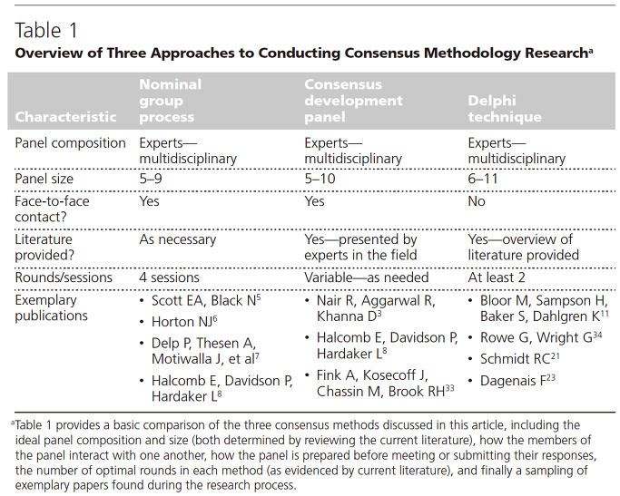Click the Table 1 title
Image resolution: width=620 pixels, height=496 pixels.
pos(46,31)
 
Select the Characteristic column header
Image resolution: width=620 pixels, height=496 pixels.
pos(65,117)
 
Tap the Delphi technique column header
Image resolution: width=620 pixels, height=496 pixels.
pos(505,109)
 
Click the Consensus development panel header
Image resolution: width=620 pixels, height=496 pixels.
pos(353,101)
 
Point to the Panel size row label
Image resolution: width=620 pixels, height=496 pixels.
pos(44,179)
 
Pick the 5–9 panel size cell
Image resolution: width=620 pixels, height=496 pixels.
pos(151,179)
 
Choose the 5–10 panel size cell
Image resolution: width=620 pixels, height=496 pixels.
pos(320,179)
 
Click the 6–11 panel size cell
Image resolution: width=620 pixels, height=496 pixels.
pos(483,179)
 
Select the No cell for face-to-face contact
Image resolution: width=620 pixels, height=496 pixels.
pos(477,201)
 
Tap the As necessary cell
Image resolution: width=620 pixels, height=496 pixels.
pos(178,239)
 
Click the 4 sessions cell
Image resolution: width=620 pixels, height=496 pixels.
pos(169,277)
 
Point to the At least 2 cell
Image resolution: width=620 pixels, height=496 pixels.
pos(497,277)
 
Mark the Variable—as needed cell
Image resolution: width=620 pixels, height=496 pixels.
pos(366,277)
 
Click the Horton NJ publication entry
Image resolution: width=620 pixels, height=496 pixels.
pos(184,322)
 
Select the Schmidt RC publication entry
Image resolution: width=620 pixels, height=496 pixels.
pos(519,358)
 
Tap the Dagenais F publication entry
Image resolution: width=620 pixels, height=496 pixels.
pos(517,380)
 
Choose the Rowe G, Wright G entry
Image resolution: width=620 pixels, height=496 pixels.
pos(541,337)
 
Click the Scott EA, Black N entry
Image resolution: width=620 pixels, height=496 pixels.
pos(206,300)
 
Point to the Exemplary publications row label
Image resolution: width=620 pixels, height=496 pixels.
pos(52,308)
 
